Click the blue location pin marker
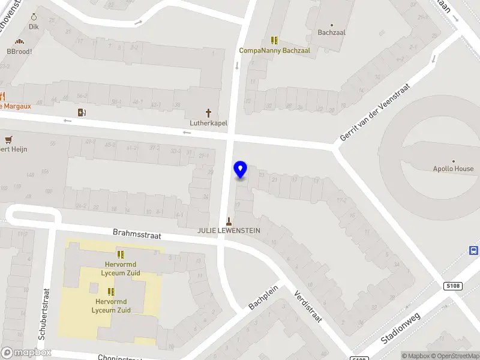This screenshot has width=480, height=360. tap(240, 170)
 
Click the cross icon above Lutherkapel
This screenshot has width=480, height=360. tap(209, 112)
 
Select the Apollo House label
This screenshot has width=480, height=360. tap(453, 169)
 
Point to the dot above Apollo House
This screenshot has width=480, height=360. tap(454, 161)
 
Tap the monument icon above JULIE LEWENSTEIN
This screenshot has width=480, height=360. tap(229, 220)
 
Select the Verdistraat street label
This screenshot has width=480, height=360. tap(308, 306)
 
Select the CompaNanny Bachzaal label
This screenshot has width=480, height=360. tap(274, 51)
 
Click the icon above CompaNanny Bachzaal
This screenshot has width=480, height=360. tap(274, 40)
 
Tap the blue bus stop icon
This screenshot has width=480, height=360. tap(474, 251)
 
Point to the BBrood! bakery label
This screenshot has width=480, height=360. tap(19, 52)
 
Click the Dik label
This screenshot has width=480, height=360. tap(34, 27)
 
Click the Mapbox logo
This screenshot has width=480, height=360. tap(26, 353)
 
